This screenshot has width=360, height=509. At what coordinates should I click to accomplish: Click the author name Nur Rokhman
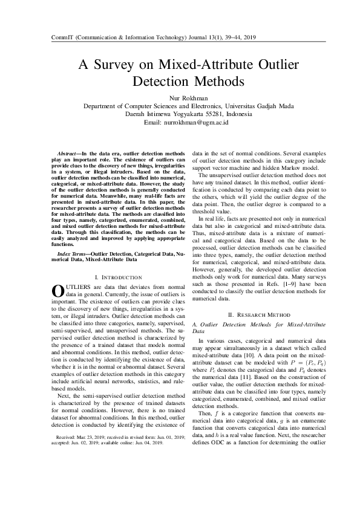180,97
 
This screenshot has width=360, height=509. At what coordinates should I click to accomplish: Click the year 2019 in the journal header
249,37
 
